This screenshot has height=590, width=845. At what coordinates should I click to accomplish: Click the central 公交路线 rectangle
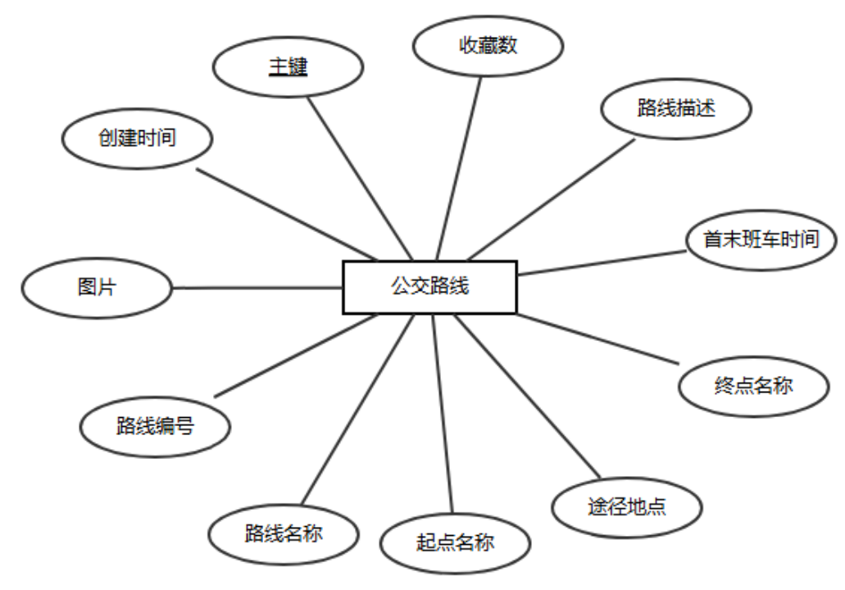(x=429, y=287)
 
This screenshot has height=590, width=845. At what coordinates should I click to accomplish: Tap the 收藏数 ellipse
(x=488, y=45)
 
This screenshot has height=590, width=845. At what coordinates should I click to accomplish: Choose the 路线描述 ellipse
(x=676, y=108)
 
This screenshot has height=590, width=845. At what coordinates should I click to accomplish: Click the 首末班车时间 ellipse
(x=761, y=239)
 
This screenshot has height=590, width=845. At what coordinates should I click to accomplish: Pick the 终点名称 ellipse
(x=753, y=384)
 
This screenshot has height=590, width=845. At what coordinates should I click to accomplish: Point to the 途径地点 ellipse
(x=627, y=506)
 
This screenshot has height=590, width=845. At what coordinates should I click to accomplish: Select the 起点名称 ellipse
(x=456, y=542)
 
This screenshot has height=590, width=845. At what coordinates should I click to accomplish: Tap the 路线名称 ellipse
(x=284, y=534)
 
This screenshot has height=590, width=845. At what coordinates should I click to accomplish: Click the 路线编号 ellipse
(x=155, y=426)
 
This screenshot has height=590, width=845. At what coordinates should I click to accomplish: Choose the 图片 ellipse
(x=97, y=288)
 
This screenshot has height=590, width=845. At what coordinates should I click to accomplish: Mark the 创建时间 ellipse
(x=138, y=138)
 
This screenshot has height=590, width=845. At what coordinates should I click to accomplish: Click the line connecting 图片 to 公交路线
(x=257, y=288)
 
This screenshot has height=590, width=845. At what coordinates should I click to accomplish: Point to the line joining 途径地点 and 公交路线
(x=525, y=397)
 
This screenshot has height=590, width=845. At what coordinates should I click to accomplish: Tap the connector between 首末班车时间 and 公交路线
(x=602, y=262)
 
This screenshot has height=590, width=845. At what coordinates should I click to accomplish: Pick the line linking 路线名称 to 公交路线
(x=357, y=410)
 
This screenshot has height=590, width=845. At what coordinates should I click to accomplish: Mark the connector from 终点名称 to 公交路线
(x=598, y=338)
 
